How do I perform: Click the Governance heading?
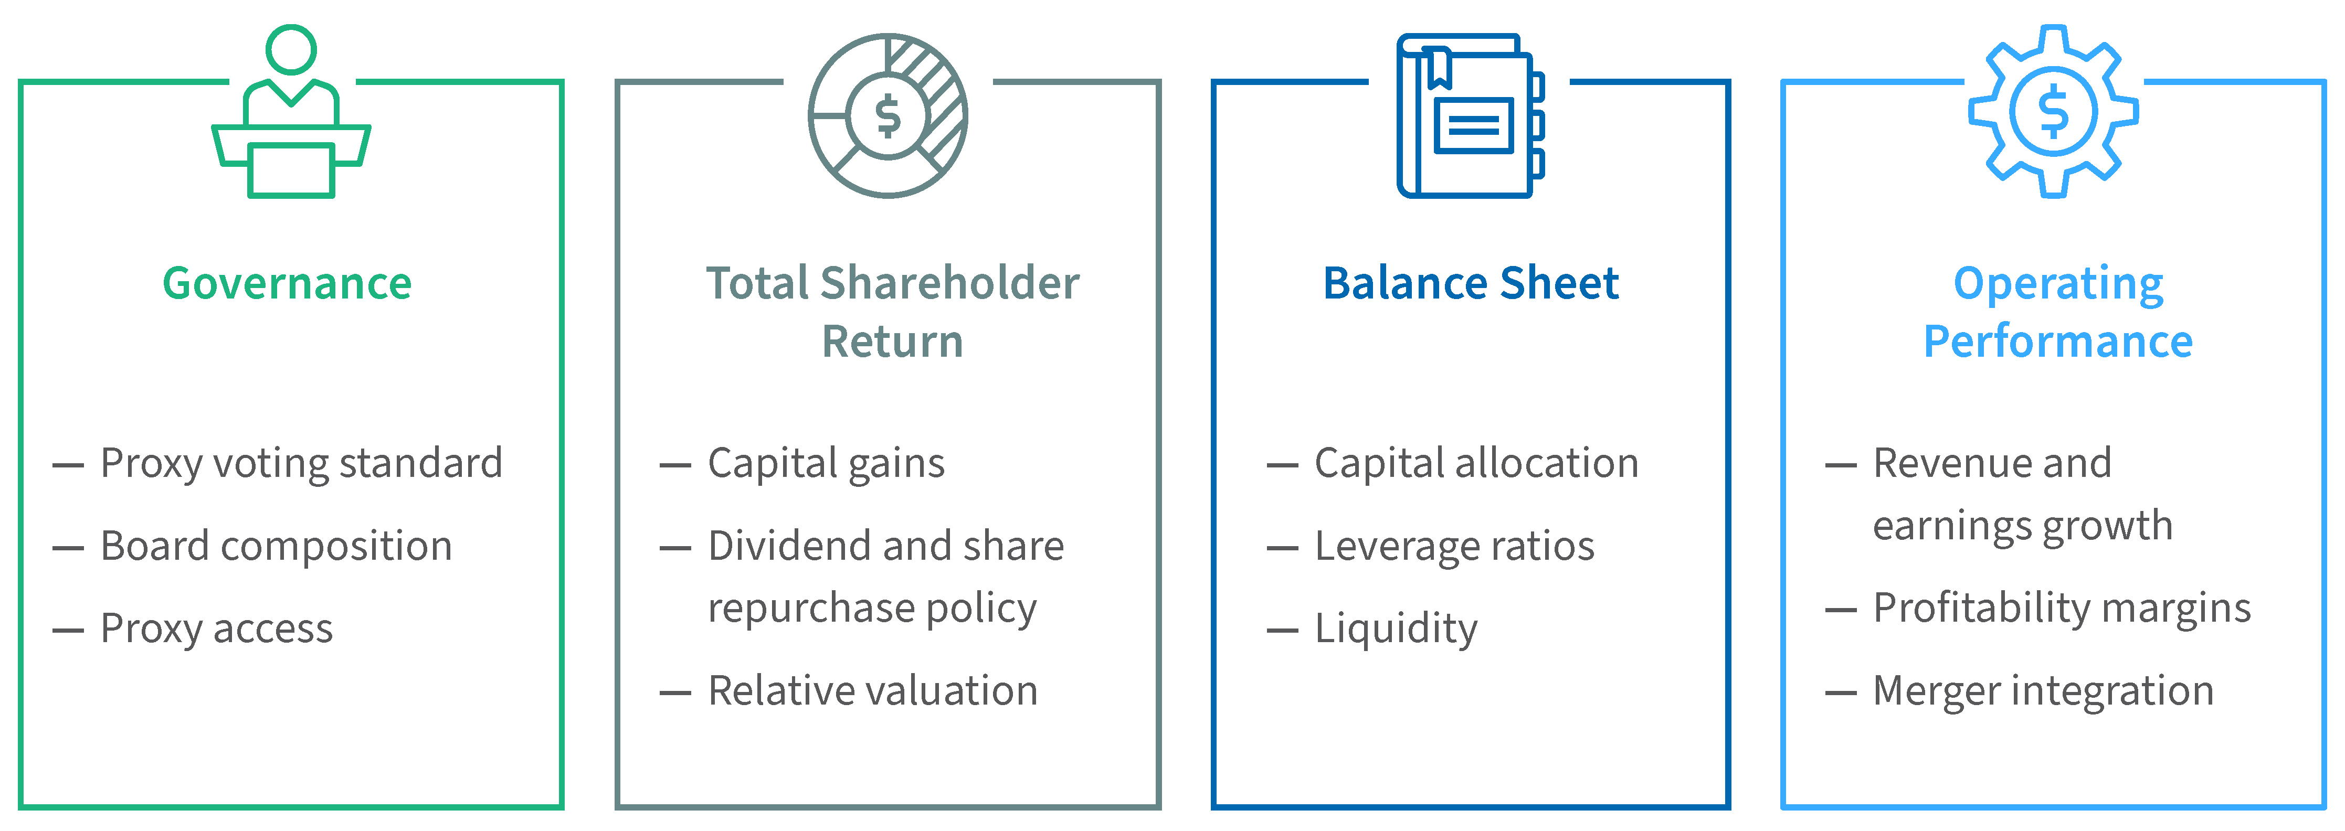click(288, 283)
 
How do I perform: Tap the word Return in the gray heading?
click(892, 342)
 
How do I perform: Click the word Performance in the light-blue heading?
click(2058, 342)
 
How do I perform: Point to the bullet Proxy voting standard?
click(301, 463)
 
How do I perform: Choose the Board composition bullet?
click(277, 546)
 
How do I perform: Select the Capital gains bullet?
click(827, 463)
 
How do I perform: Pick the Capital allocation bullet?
click(1476, 463)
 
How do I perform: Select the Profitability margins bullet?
click(2062, 608)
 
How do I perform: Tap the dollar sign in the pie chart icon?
click(888, 116)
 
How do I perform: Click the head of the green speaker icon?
click(291, 50)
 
